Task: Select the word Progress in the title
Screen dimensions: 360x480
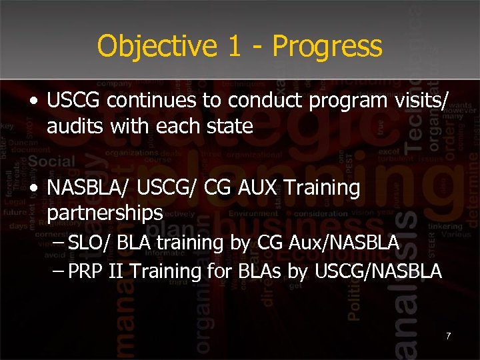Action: coord(327,47)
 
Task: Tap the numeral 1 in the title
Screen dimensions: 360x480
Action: coord(229,47)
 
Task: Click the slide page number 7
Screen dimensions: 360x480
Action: coord(448,335)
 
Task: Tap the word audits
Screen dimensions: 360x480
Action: coord(73,125)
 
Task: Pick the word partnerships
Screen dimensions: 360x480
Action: coord(105,213)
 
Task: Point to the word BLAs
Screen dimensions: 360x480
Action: coord(261,271)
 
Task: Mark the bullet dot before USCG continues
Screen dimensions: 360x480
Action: coord(33,101)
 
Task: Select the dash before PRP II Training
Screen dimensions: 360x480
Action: coord(58,270)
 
